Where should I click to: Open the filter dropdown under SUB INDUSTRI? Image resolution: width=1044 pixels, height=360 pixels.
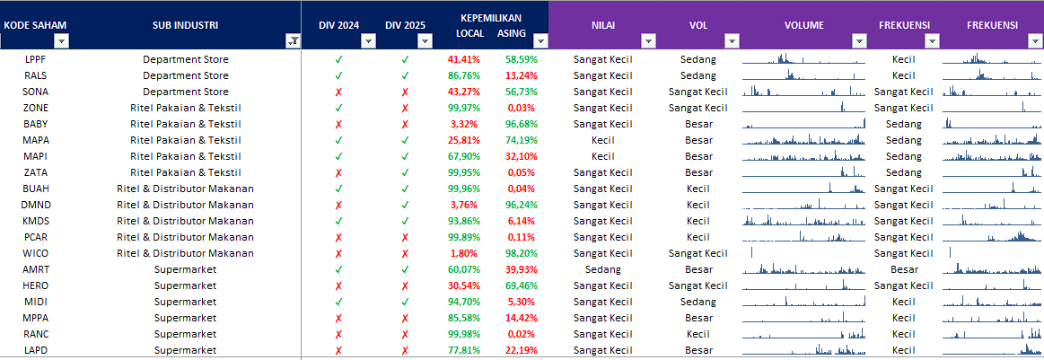(293, 40)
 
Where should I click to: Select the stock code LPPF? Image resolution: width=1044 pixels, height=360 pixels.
(36, 59)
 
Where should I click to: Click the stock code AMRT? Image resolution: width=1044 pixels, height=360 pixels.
(36, 269)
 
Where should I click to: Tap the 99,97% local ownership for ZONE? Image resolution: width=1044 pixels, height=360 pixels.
(464, 108)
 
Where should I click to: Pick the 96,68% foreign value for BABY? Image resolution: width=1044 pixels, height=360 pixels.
(521, 124)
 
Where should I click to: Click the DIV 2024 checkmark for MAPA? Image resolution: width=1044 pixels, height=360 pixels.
(338, 140)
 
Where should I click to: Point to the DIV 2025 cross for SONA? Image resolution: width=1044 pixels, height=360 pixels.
(405, 92)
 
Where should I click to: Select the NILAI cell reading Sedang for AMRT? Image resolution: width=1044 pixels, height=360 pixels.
(602, 269)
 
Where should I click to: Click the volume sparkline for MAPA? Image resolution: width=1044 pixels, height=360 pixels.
(803, 140)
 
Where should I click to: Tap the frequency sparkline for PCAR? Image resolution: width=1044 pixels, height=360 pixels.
(992, 237)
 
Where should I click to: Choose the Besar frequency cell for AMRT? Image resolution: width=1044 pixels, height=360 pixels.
(904, 269)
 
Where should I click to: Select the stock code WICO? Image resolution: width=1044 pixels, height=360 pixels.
(36, 253)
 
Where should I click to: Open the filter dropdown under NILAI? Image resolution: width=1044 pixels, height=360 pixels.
(648, 40)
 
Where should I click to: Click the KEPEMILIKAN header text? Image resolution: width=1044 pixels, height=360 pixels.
(490, 18)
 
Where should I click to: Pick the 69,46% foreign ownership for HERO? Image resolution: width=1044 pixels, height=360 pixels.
(521, 285)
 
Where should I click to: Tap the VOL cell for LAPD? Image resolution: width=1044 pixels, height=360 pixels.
(698, 350)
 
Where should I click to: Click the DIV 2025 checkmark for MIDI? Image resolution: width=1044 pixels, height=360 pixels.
(405, 302)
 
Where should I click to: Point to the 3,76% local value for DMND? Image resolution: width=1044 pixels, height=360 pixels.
(464, 205)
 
